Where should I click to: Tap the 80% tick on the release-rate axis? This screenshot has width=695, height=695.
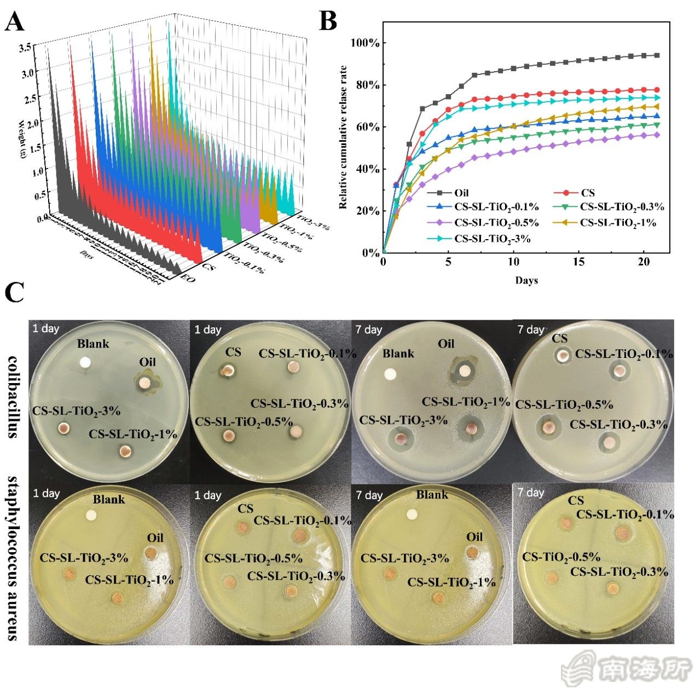coord(367,85)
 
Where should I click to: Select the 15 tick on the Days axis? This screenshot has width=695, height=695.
coord(579,262)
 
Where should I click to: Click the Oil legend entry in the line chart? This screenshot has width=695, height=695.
coord(461,193)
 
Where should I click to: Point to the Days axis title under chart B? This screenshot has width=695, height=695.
coord(526,280)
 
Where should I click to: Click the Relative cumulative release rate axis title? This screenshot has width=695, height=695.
coord(344,137)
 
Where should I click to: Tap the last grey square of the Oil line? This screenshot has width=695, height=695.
coord(657,55)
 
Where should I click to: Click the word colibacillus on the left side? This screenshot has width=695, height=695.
coord(14,396)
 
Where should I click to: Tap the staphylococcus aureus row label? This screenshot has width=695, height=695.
coord(14,558)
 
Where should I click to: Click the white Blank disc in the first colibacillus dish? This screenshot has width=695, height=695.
coord(85,362)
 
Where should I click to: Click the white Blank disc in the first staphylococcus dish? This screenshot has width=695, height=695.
coord(91,515)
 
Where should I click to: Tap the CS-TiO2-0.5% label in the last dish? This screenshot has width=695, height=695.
coord(561,557)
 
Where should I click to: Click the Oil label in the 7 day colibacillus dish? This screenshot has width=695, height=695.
coord(446,344)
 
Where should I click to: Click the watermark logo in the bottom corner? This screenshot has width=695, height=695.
coord(627,669)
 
